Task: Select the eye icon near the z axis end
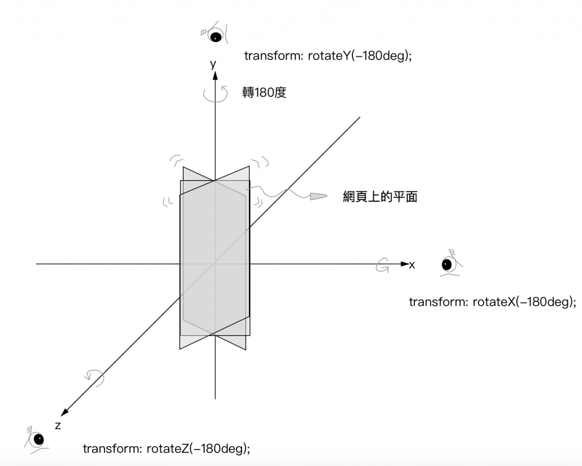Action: point(38,439)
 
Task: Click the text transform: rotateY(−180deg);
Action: point(327,56)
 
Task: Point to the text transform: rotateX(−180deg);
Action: point(492,302)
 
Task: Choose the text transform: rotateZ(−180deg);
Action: point(167,448)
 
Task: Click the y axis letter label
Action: point(213,64)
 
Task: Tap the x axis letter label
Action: point(413,265)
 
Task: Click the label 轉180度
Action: point(264,92)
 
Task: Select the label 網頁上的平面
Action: point(381,197)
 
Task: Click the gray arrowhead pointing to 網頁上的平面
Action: point(318,197)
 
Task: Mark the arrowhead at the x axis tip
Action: point(405,264)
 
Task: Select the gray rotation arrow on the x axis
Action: point(383,265)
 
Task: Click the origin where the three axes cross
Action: point(215,264)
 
